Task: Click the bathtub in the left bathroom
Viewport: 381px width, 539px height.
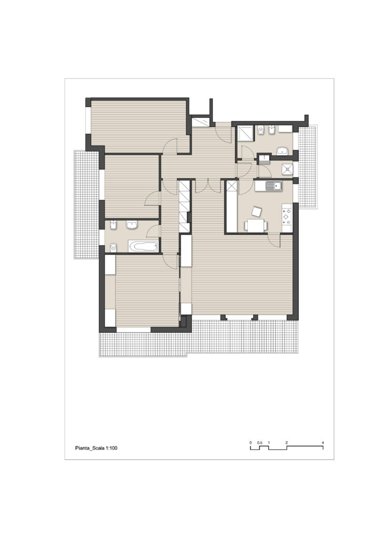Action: [x=144, y=246]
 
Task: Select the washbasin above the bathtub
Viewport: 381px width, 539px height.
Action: [x=132, y=225]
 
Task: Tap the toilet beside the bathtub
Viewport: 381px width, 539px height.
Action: [x=113, y=247]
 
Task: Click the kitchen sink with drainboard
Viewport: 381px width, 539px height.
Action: [x=268, y=186]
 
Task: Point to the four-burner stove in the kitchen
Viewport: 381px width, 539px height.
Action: [x=287, y=217]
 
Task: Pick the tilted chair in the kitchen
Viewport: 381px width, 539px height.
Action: [x=256, y=212]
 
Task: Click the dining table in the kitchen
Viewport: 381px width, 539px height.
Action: [x=256, y=226]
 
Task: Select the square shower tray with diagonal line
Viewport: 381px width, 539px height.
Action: [x=245, y=133]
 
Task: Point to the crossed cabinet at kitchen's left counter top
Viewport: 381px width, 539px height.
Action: [x=231, y=186]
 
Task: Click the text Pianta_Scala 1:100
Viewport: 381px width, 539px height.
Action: [x=96, y=448]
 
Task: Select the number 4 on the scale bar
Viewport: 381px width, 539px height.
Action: [x=323, y=442]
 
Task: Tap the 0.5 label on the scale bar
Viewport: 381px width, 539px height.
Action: [x=260, y=442]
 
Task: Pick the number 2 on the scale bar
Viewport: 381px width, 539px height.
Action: [x=286, y=442]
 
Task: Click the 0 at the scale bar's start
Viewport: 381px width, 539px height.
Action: [x=251, y=442]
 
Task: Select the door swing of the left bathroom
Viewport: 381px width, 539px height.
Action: [x=154, y=231]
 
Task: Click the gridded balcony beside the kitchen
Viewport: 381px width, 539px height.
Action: [x=307, y=167]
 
